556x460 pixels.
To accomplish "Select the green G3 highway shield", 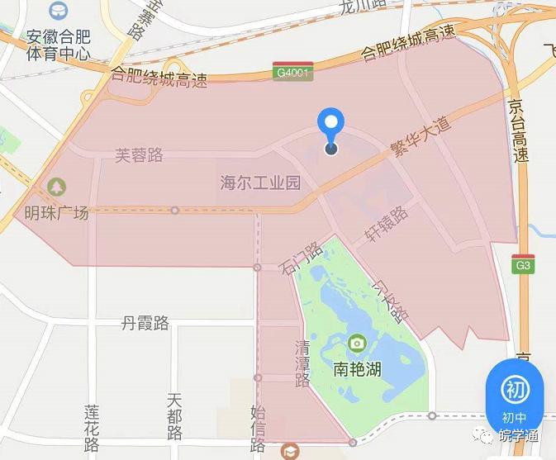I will coord(522,266).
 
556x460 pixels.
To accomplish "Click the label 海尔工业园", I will coord(260,183).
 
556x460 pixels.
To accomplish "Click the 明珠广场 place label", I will coord(56,213).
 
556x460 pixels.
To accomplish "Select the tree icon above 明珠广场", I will coord(56,187).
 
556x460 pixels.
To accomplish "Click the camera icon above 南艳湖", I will coord(357,343).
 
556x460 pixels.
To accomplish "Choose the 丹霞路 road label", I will coord(145,323).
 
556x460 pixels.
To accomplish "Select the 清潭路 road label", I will coord(302,363).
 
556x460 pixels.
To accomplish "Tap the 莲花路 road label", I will coord(92,428).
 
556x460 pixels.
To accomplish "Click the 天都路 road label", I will coord(173,416).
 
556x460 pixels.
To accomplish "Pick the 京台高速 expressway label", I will coord(518,132).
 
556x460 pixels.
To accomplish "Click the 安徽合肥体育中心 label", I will coord(58,45).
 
